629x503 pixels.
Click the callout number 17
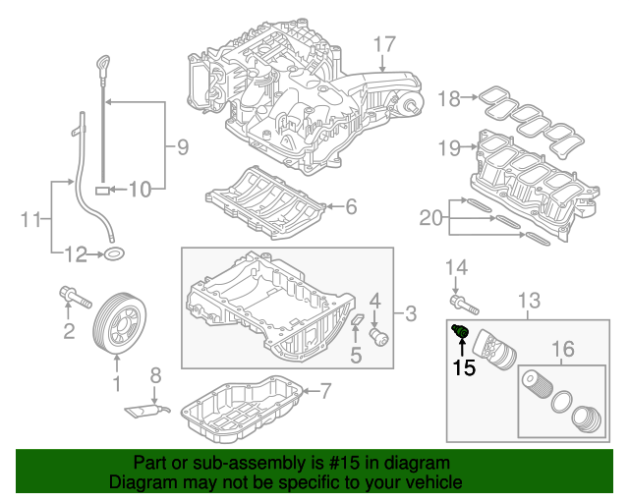pyautogui.click(x=383, y=43)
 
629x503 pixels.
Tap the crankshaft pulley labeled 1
pyautogui.click(x=117, y=324)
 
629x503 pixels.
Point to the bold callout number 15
pyautogui.click(x=463, y=368)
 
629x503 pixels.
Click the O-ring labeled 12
pyautogui.click(x=115, y=256)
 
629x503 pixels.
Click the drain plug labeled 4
pyautogui.click(x=377, y=337)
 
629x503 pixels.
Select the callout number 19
pyautogui.click(x=449, y=149)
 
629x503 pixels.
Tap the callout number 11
pyautogui.click(x=29, y=217)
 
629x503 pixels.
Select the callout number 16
pyautogui.click(x=561, y=350)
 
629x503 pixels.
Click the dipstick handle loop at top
pyautogui.click(x=102, y=64)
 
